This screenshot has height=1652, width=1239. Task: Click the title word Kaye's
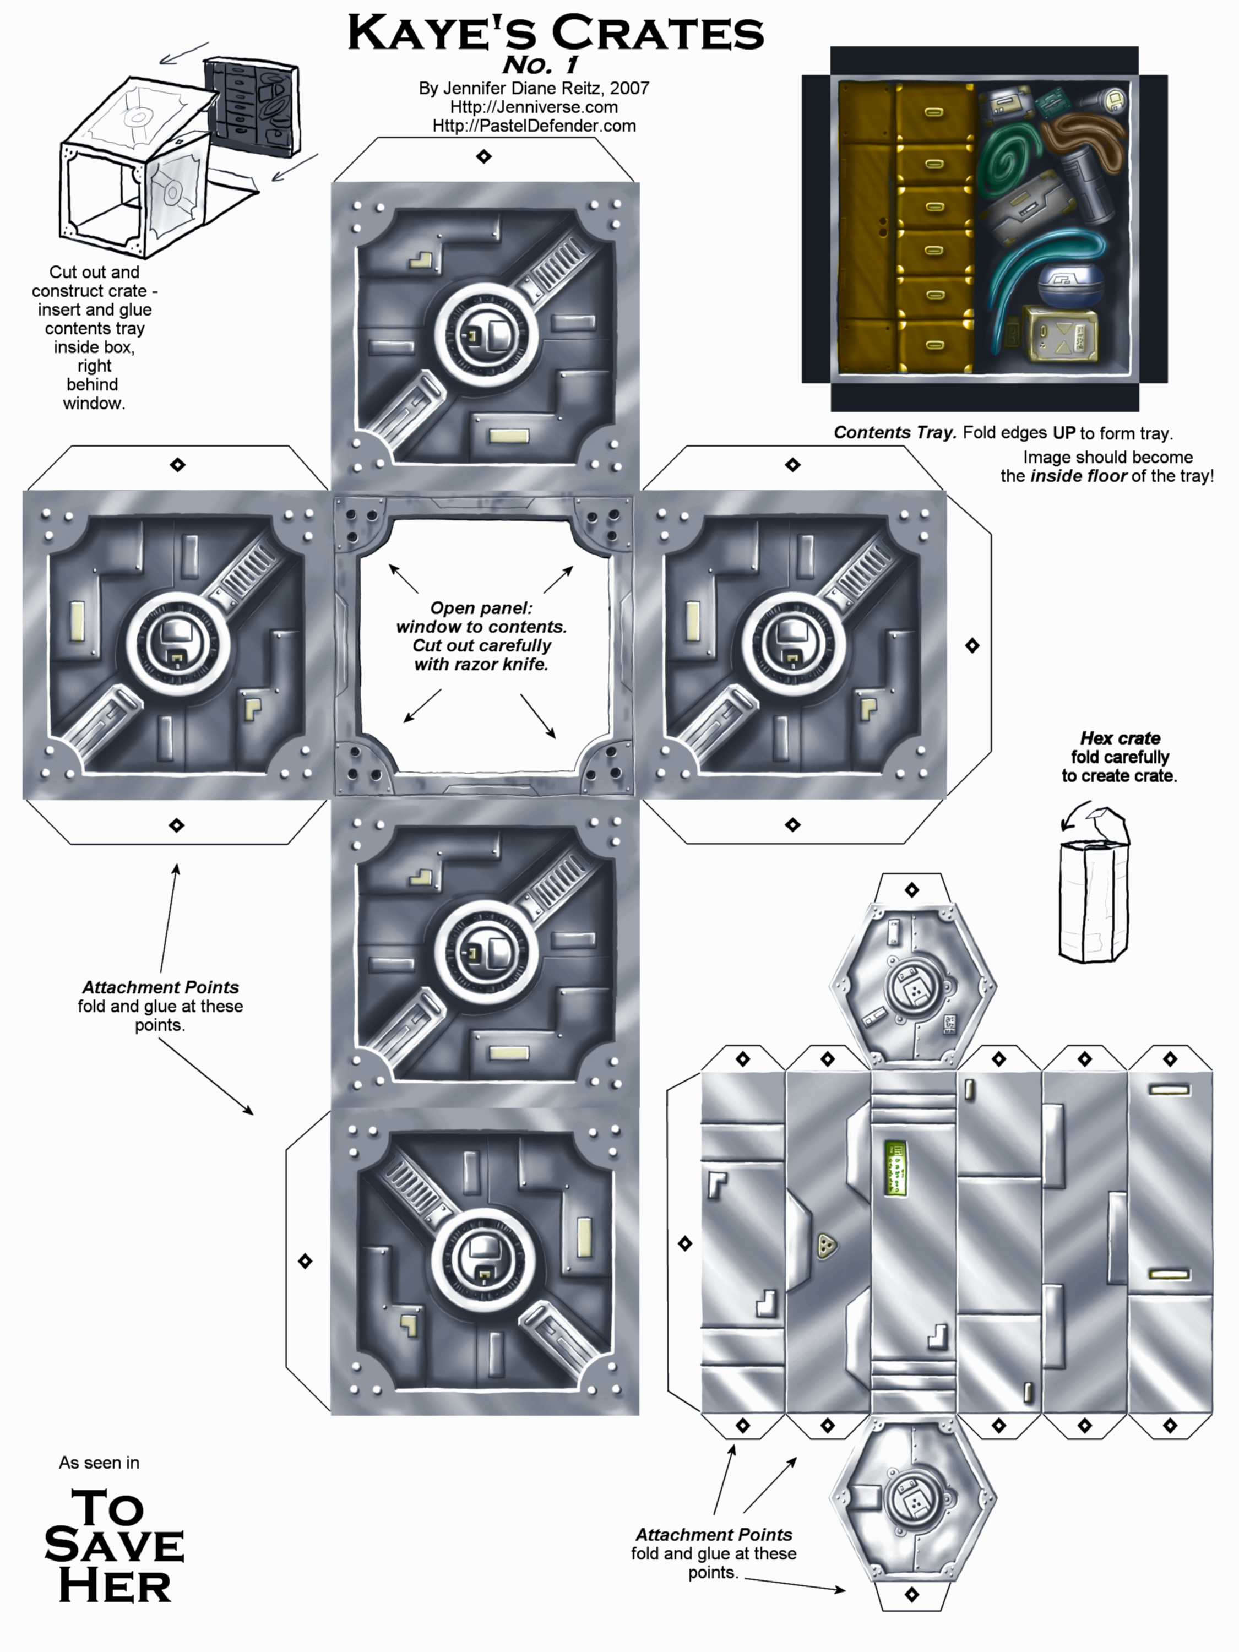pos(441,34)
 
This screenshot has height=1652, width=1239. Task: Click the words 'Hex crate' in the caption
pos(1120,738)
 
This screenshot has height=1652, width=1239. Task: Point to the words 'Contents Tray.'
pos(894,432)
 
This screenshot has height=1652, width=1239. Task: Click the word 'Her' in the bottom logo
pos(115,1587)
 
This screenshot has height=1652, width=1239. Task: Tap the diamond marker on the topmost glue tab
pos(484,156)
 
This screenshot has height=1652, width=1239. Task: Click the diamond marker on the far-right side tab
pos(971,645)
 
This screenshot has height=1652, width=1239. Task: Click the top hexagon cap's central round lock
pos(912,987)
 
